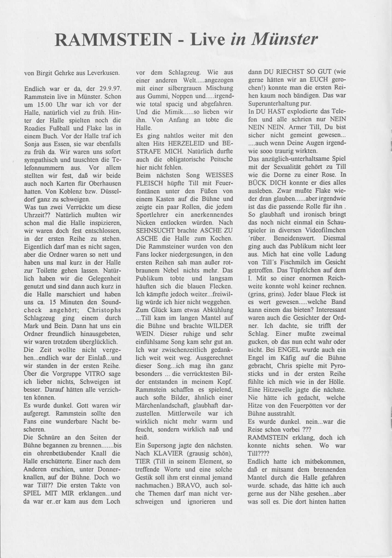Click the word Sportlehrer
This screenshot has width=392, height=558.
point(154,215)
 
